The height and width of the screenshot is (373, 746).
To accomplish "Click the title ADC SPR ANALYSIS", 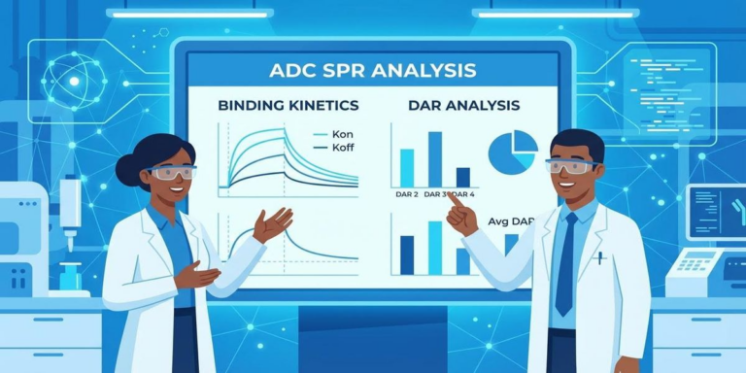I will coord(374,70).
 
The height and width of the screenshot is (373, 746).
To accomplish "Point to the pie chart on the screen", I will coord(512,153).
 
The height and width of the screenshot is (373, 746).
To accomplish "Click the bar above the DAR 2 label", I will coord(407,166).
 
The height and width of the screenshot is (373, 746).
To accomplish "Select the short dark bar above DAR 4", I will coord(462,177).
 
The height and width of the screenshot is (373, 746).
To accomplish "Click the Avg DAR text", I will coord(511,221).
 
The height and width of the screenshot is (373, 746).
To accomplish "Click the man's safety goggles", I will coord(572,166).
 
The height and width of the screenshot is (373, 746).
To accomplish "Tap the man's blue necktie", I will coord(566,262).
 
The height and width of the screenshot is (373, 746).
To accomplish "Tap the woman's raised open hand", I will coord(273,224).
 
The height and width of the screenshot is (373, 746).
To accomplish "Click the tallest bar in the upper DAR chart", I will coord(435,157).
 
